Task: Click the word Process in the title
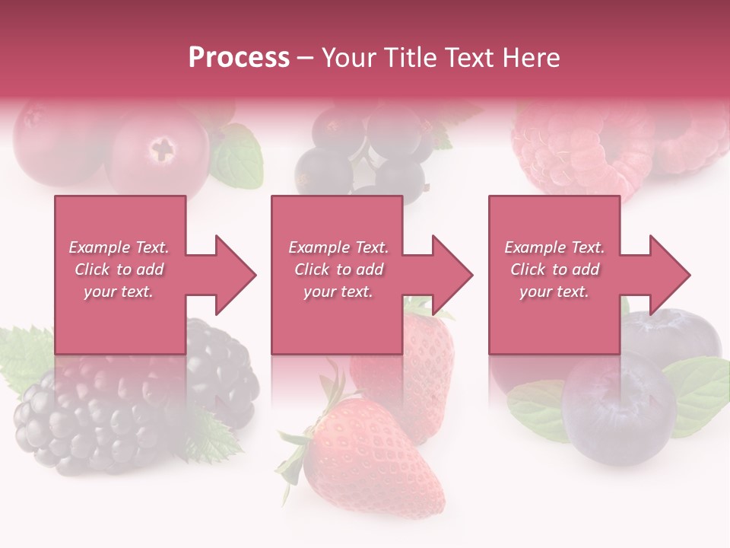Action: tap(239, 58)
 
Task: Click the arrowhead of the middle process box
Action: tap(451, 275)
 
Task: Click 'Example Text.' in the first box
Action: tap(119, 247)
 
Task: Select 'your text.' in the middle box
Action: tap(338, 292)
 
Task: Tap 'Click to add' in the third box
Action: tap(554, 269)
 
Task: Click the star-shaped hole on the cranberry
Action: tap(162, 148)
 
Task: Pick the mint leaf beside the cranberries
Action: tap(237, 160)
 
